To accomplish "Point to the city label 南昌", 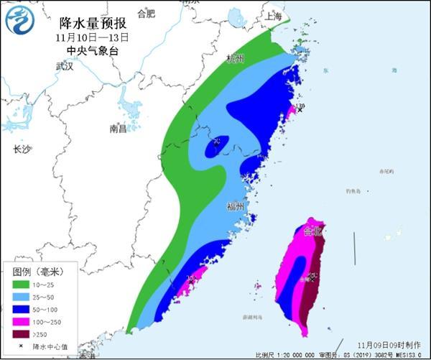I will click(x=118, y=129).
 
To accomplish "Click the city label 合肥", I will click(x=145, y=13).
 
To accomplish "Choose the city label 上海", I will click(x=273, y=15).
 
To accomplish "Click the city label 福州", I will click(x=235, y=206).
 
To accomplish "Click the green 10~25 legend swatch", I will click(x=22, y=285).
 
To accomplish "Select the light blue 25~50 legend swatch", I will click(x=22, y=297).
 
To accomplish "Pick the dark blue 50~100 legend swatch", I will click(x=22, y=309).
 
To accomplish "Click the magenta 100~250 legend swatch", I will click(x=22, y=321).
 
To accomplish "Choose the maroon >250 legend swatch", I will click(x=22, y=333).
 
